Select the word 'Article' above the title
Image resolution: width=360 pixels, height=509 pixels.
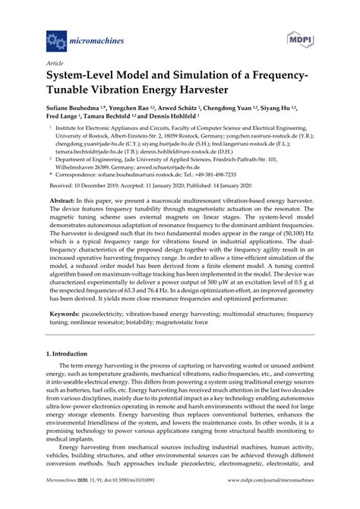point(55,64)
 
